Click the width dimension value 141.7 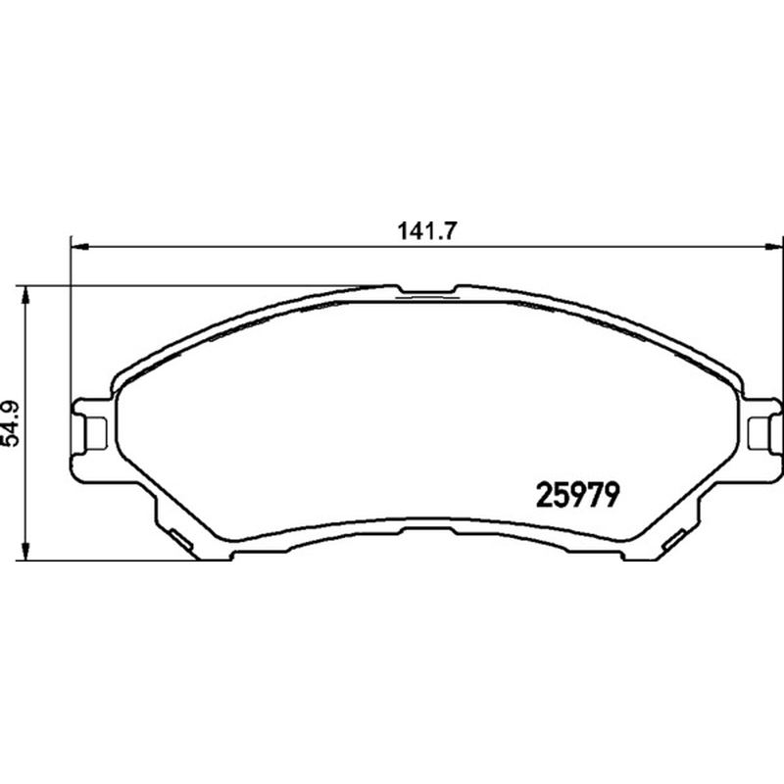click(x=427, y=231)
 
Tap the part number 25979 click(x=578, y=496)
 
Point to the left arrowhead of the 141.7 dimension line click(x=80, y=247)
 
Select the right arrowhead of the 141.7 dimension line click(x=774, y=247)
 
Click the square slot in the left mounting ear click(x=96, y=432)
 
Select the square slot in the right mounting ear click(x=758, y=432)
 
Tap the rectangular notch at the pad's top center click(x=427, y=290)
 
